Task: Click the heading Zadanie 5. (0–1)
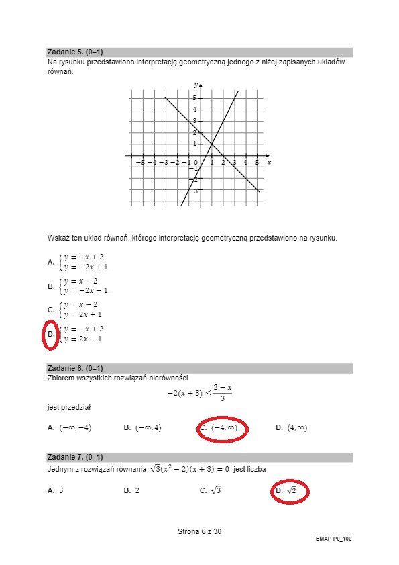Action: coord(74,52)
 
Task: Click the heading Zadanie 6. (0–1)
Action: coord(74,368)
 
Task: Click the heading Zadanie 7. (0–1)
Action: coord(74,458)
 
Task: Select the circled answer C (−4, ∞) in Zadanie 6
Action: coord(223,428)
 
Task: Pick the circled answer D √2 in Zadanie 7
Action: coord(289,492)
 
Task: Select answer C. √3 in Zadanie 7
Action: coord(211,491)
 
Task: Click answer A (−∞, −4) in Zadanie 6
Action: coord(70,427)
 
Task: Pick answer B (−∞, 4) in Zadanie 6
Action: coord(143,427)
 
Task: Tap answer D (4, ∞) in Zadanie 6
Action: coord(292,427)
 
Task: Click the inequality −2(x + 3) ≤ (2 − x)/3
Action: coord(199,393)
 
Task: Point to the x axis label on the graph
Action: coord(269,163)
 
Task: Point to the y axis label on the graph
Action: coord(195,85)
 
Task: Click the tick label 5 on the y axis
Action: coord(194,98)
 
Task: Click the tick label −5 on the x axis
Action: coord(140,163)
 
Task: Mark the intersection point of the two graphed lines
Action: coord(212,144)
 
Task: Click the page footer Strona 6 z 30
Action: coord(199,531)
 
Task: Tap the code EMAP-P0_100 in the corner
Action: coord(333,539)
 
